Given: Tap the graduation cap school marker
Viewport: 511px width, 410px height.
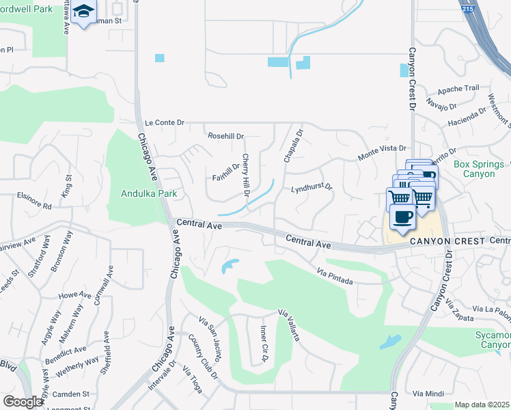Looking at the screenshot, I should pyautogui.click(x=84, y=12).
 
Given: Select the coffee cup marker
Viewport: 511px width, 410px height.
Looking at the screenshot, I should pyautogui.click(x=402, y=217).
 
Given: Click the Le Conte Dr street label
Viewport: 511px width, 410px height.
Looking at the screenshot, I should pyautogui.click(x=165, y=123).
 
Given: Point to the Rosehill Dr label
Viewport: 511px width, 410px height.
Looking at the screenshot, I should pyautogui.click(x=225, y=136).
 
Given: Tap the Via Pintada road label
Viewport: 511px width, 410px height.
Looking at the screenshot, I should pyautogui.click(x=335, y=275).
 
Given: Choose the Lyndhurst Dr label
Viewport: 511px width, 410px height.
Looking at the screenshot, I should pyautogui.click(x=312, y=187).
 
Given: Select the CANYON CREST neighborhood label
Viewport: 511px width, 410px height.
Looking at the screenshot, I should pyautogui.click(x=437, y=241).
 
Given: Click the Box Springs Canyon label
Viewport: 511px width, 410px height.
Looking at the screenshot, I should pyautogui.click(x=482, y=169).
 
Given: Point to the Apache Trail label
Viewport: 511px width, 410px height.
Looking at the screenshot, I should pyautogui.click(x=458, y=90).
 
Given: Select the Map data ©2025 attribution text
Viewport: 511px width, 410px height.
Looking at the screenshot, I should pyautogui.click(x=482, y=405).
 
